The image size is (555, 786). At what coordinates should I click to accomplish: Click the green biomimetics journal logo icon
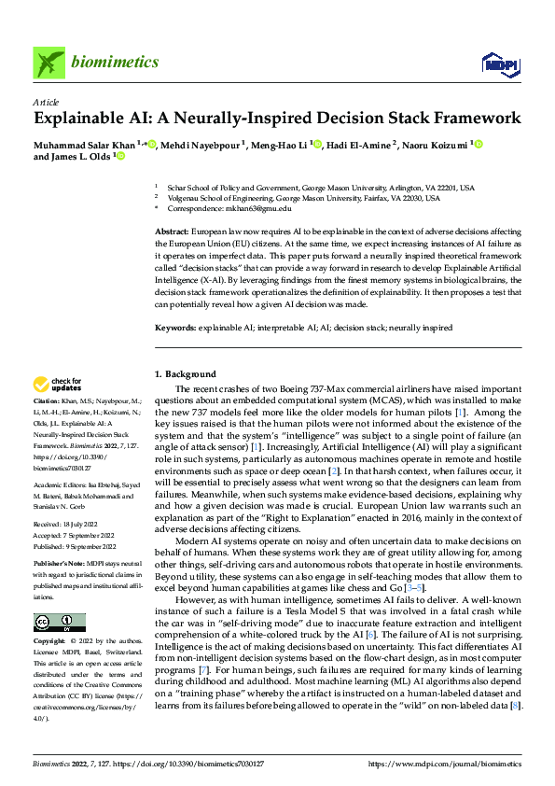coord(49,63)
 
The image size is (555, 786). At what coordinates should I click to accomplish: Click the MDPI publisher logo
coord(501,63)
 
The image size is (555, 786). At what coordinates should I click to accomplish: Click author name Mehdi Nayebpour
coord(201,145)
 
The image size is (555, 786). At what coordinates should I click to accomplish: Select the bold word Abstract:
coord(172,230)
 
